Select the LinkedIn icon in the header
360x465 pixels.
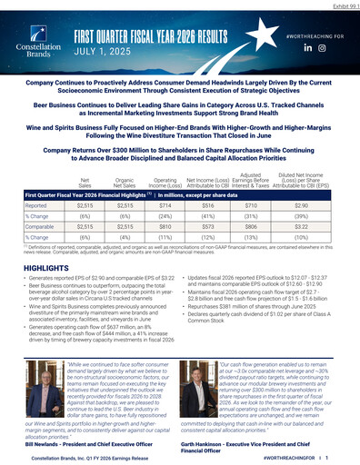307,46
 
